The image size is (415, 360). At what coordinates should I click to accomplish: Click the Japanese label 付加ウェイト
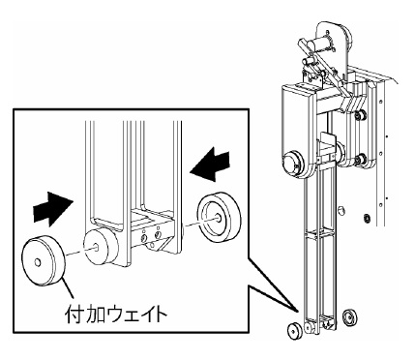[x=116, y=315]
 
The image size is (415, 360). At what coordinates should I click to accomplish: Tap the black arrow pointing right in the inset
[x=53, y=209]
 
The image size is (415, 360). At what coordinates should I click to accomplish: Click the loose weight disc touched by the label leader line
[x=44, y=261]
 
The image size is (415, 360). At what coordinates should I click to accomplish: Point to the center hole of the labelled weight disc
[x=38, y=263]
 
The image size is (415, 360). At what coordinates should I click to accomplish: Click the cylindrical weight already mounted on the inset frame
[x=101, y=248]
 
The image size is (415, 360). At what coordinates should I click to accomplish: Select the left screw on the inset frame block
[x=145, y=238]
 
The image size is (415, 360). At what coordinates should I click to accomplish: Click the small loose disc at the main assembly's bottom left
[x=294, y=330]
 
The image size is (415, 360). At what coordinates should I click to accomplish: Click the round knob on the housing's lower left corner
[x=293, y=164]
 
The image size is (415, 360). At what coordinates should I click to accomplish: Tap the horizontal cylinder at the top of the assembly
[x=319, y=44]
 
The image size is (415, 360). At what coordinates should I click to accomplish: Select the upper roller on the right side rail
[x=359, y=115]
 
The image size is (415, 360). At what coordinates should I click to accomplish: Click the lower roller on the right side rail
[x=359, y=160]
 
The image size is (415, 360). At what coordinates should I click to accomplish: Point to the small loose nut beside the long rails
[x=340, y=209]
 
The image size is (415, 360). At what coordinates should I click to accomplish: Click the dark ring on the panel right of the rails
[x=366, y=218]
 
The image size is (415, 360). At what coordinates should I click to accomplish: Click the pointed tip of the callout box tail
[x=299, y=312]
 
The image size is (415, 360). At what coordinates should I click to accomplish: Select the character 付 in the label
[x=74, y=315]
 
